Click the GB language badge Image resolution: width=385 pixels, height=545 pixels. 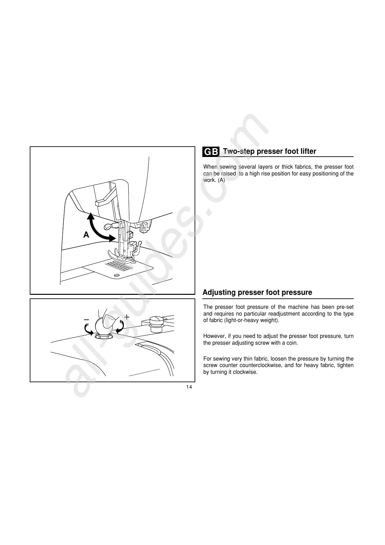211,152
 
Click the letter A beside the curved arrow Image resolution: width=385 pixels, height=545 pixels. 86,235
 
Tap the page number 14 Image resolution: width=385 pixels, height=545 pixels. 189,387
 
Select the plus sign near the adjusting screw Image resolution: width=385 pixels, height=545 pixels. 127,317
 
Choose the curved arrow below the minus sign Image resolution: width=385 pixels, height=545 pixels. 88,329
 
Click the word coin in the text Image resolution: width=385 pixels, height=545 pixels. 292,343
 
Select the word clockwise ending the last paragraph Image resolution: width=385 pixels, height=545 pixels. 247,372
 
